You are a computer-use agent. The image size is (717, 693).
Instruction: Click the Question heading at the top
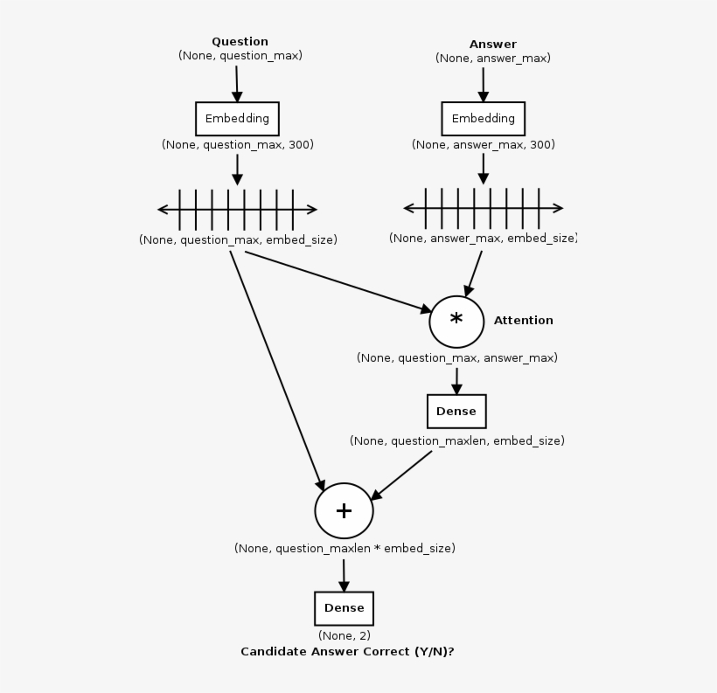tap(240, 41)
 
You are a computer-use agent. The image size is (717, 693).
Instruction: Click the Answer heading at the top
tap(492, 44)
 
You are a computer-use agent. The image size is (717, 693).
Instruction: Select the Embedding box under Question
tap(237, 119)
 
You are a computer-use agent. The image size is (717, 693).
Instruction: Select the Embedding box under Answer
tap(483, 119)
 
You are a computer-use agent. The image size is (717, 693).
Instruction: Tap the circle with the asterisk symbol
tap(456, 321)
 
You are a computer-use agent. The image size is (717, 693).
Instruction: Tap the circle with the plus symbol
tap(344, 510)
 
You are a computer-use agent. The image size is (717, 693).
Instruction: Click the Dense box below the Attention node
tap(456, 412)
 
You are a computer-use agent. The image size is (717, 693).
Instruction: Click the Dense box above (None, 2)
tap(344, 608)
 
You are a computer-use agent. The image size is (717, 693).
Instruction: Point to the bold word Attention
tap(523, 321)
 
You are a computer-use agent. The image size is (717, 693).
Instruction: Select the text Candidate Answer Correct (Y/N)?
tap(347, 652)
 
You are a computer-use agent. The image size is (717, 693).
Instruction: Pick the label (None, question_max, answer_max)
tap(456, 358)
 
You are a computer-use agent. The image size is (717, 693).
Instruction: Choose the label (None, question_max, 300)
tap(237, 145)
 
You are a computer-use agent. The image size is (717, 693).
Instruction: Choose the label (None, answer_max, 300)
tap(483, 145)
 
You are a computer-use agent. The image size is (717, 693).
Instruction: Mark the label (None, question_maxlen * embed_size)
tap(345, 549)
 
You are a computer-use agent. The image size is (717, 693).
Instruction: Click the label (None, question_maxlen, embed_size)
tap(456, 441)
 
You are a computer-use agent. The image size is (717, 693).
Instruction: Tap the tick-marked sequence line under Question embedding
tap(237, 210)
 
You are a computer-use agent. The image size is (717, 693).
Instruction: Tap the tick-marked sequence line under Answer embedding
tap(483, 209)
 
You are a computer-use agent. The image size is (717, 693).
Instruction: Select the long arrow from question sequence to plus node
tap(275, 367)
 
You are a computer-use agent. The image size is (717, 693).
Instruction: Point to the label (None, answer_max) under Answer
tap(492, 59)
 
